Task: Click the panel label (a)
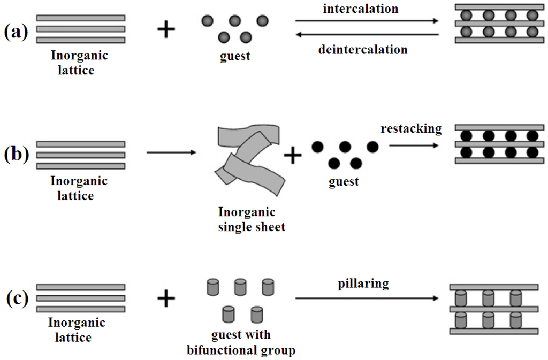coord(16,32)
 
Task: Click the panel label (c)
coord(16,298)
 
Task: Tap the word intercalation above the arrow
coord(361,9)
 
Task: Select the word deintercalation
coord(362,50)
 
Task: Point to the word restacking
coord(411,129)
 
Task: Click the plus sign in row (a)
coord(166,30)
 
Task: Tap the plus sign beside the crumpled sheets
coord(293,156)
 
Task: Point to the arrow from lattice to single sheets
coord(171,153)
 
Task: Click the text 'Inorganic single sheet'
coord(250,219)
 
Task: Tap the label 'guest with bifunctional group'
coord(241,343)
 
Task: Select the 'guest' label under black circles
coord(344,182)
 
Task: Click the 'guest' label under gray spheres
coord(235,56)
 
